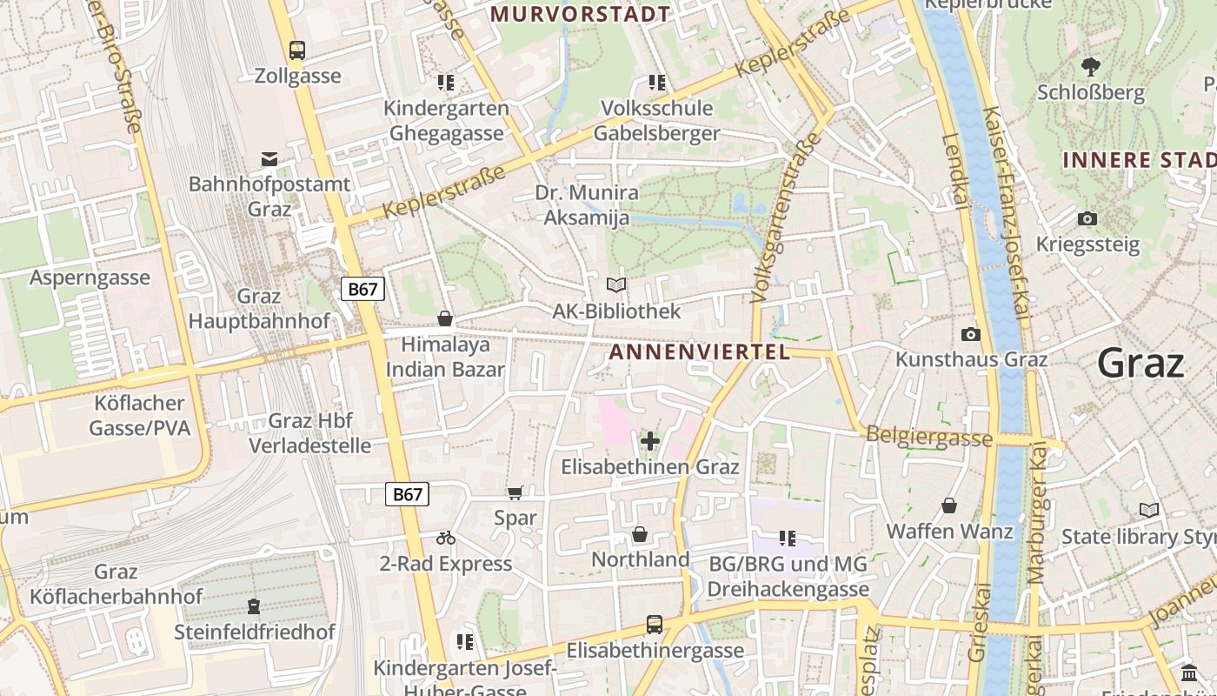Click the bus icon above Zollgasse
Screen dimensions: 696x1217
(297, 50)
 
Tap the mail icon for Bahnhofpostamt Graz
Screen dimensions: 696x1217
(269, 159)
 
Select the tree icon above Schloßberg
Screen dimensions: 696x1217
(1090, 66)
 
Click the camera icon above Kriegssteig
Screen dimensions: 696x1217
(1087, 218)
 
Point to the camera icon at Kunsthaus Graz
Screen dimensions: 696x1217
(971, 334)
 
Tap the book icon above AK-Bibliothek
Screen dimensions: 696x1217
(616, 285)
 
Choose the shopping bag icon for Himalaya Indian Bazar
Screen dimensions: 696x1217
(445, 318)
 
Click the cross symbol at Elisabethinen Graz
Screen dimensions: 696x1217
(649, 441)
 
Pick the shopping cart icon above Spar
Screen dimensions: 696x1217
(515, 493)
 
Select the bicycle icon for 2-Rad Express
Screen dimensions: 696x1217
(446, 539)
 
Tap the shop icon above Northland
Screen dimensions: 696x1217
(640, 534)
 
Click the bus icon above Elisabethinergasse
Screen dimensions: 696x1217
(655, 625)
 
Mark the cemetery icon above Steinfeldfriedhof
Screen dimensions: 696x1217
(254, 606)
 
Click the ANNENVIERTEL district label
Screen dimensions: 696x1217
(700, 351)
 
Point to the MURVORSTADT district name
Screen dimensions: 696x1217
(581, 14)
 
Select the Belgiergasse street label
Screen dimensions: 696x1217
(929, 437)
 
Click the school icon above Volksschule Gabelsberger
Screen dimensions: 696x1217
(657, 83)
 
